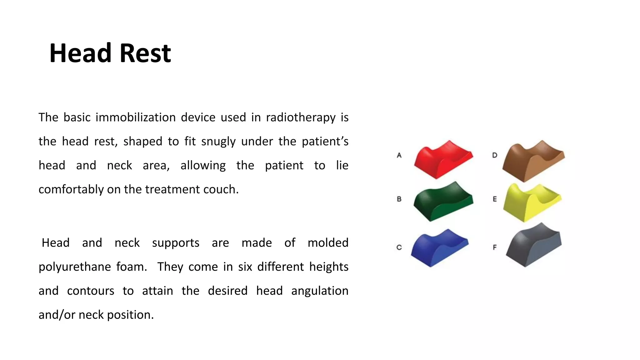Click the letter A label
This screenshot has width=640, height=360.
click(399, 155)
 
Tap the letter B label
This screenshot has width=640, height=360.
click(399, 199)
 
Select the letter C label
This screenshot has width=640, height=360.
click(399, 247)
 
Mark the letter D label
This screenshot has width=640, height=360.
click(495, 155)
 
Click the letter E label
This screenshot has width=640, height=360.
click(495, 199)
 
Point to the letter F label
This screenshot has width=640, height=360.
click(495, 247)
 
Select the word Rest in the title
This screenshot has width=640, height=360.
click(145, 53)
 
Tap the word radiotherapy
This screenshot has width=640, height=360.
click(301, 118)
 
